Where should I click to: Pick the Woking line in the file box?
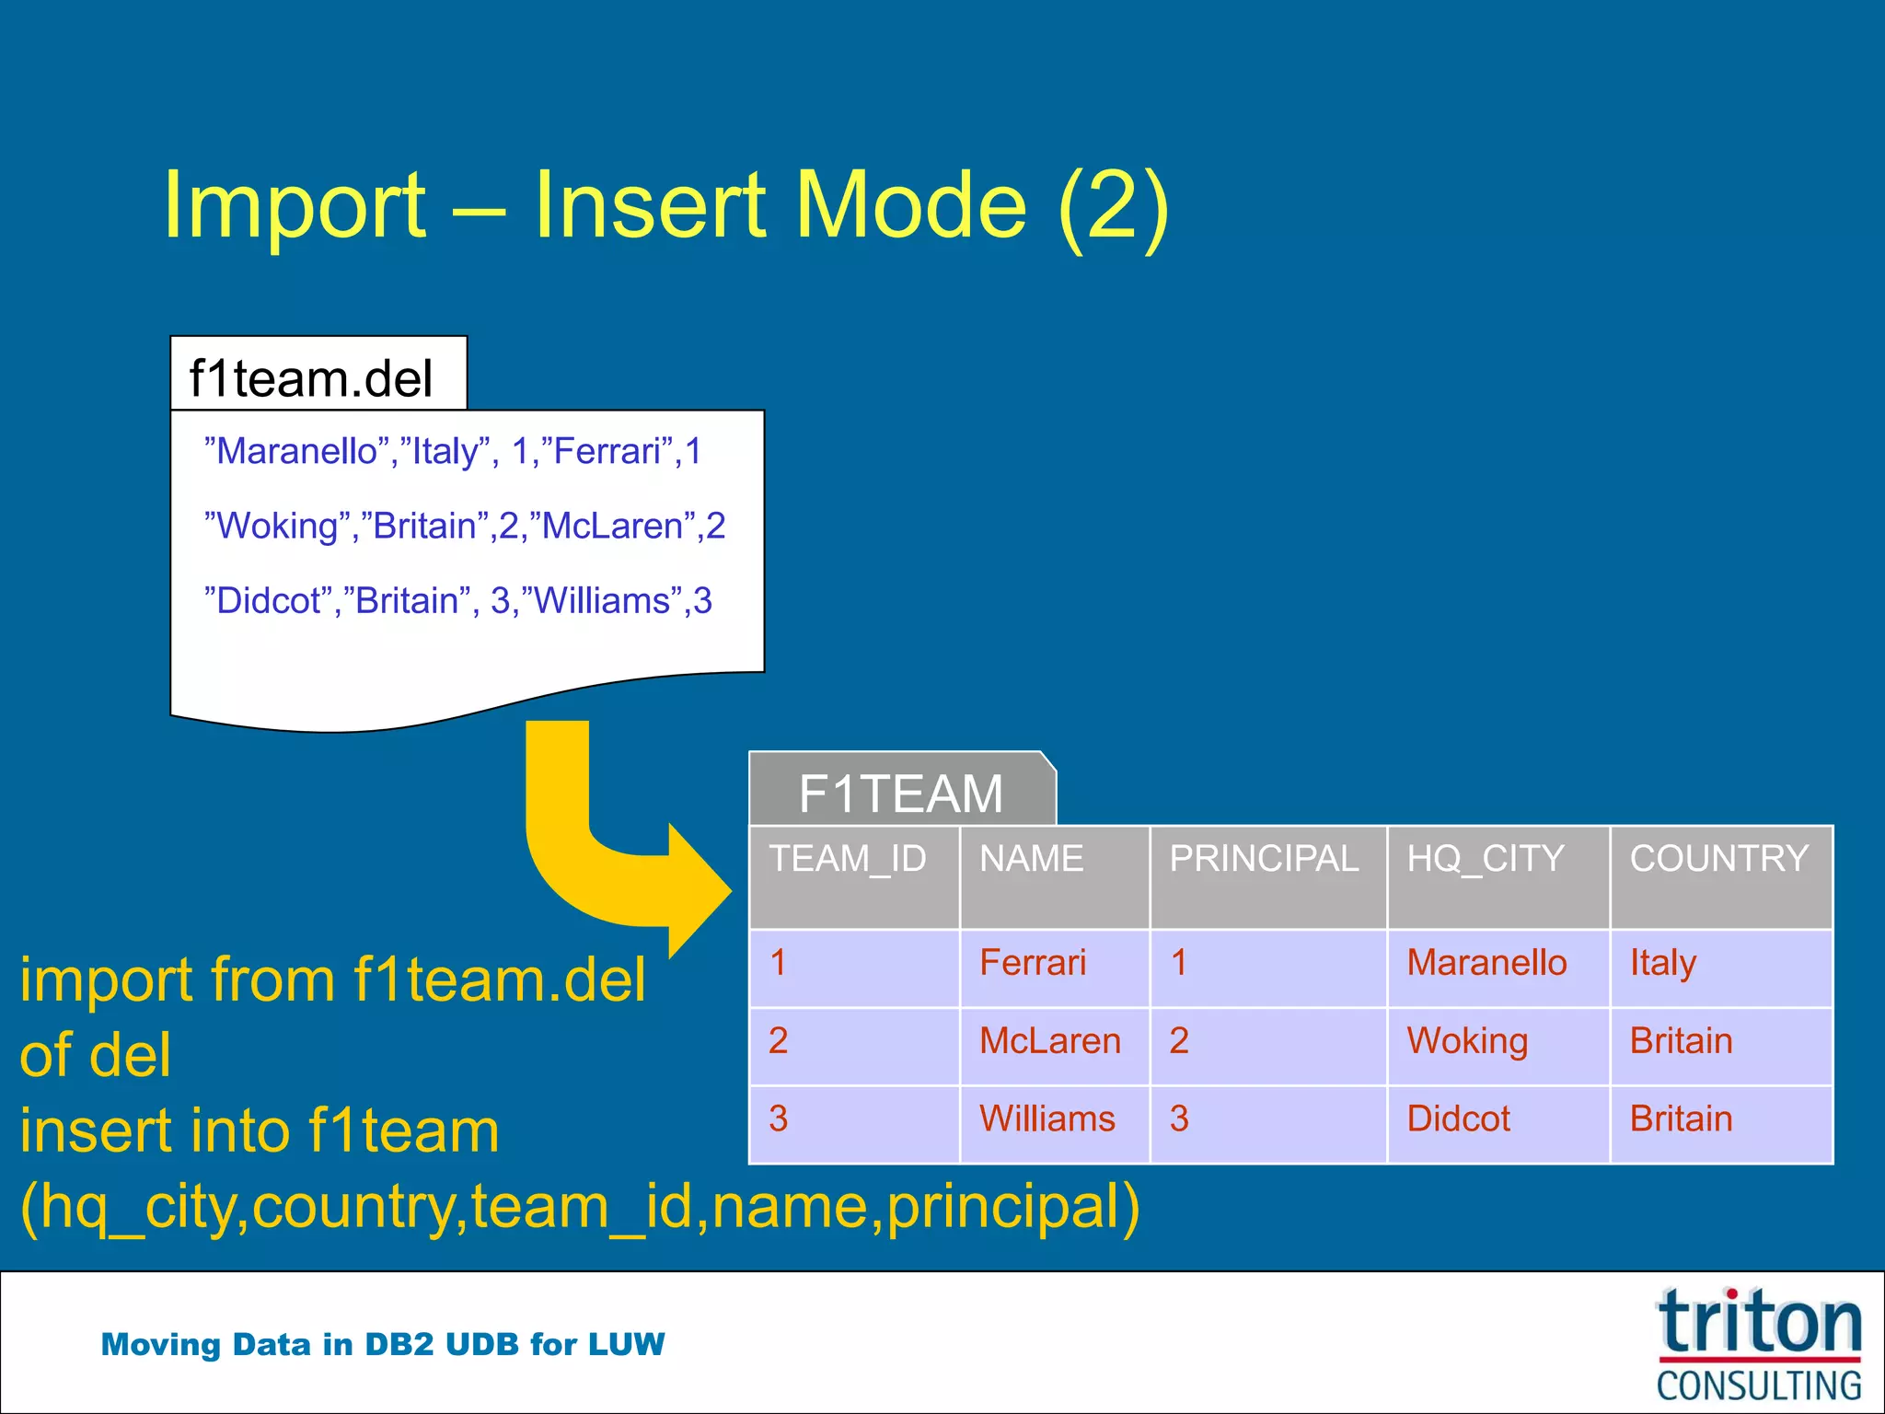pyautogui.click(x=465, y=526)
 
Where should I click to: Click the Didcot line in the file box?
pyautogui.click(x=458, y=600)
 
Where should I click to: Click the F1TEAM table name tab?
pyautogui.click(x=900, y=792)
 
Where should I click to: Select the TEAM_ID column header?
pyautogui.click(x=848, y=859)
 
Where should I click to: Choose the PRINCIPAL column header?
pyautogui.click(x=1264, y=859)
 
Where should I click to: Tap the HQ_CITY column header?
pyautogui.click(x=1485, y=859)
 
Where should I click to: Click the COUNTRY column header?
pyautogui.click(x=1718, y=859)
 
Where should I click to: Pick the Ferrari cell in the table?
pyautogui.click(x=1033, y=963)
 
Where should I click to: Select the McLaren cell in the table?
pyautogui.click(x=1050, y=1041)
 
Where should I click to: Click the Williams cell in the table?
pyautogui.click(x=1047, y=1119)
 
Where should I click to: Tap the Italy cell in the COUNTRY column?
pyautogui.click(x=1662, y=963)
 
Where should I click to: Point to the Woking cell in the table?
pyautogui.click(x=1467, y=1041)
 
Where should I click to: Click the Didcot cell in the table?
pyautogui.click(x=1459, y=1119)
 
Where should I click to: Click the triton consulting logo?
pyautogui.click(x=1758, y=1344)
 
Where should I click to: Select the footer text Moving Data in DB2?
pyautogui.click(x=382, y=1344)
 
